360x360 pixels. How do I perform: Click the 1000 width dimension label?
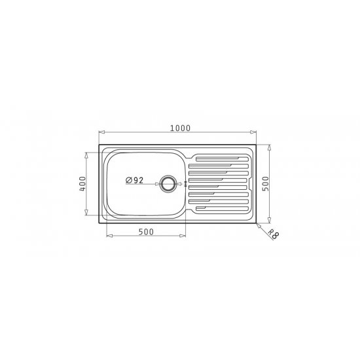180,128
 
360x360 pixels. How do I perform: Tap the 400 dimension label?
82,184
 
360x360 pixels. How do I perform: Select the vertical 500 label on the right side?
265,184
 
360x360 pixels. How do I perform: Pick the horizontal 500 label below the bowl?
146,232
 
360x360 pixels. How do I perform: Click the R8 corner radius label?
274,234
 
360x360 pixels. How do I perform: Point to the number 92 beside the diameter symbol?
139,180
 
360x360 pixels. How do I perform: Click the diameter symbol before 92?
128,181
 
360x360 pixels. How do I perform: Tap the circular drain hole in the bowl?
168,184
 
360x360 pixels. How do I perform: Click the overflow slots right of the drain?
185,184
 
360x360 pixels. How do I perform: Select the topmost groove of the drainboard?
222,159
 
